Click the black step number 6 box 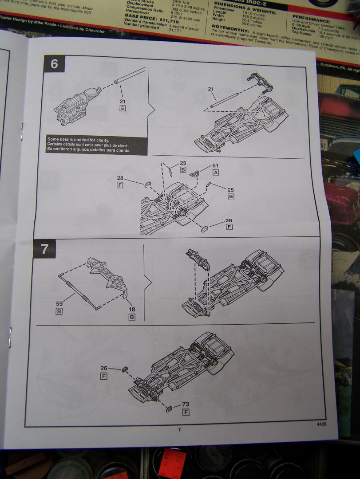click(x=54, y=64)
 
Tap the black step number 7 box click(x=44, y=249)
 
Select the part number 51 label click(x=216, y=166)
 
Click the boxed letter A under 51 click(x=216, y=173)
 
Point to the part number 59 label click(x=59, y=304)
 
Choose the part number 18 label click(x=132, y=310)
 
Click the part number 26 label click(x=104, y=368)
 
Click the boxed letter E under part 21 click(x=123, y=108)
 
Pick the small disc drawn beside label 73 click(x=169, y=408)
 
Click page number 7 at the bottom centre click(x=179, y=429)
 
